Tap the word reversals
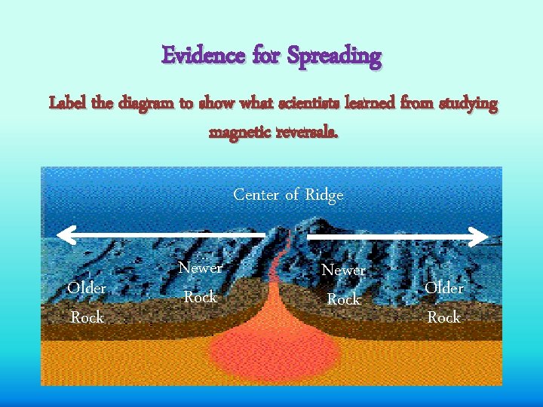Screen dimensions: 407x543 pos(308,133)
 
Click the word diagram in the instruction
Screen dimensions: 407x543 pos(148,104)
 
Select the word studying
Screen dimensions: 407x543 pos(462,104)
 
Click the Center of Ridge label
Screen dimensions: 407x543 pos(288,194)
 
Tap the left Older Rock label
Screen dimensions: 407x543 pos(87,302)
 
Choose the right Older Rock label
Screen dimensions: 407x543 pos(444,302)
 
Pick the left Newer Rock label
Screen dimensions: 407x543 pos(200,282)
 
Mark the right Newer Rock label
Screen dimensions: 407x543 pos(343,284)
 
